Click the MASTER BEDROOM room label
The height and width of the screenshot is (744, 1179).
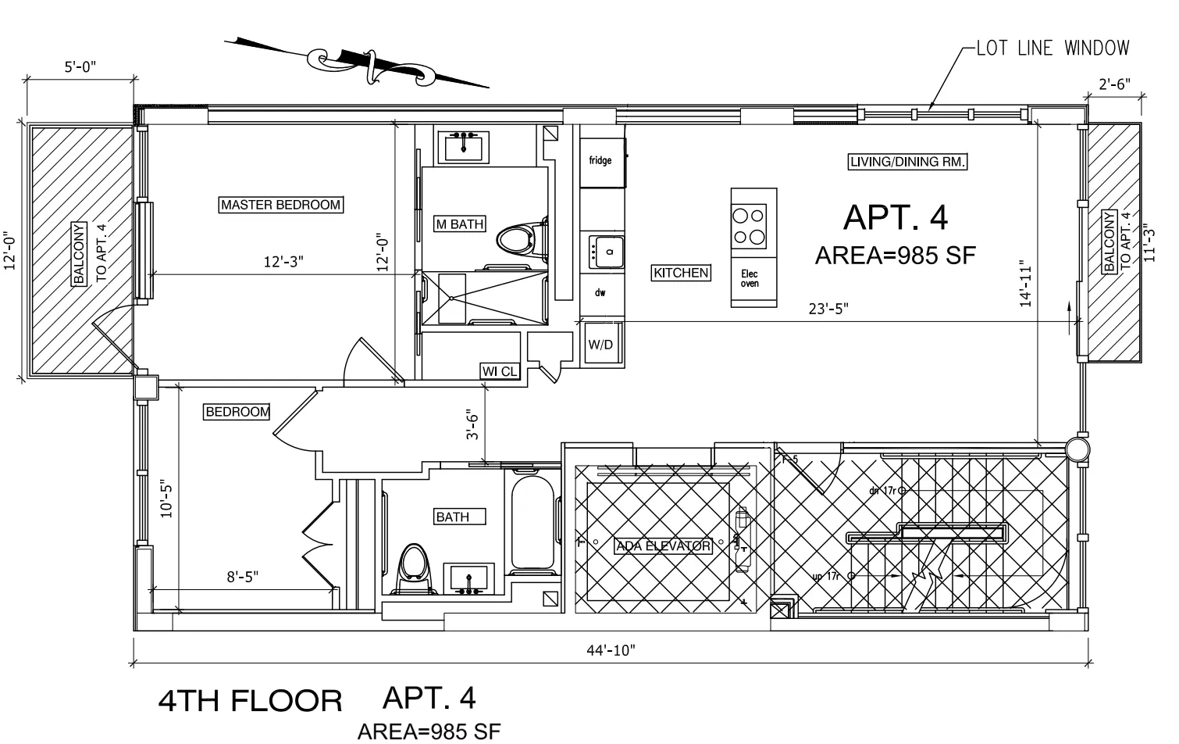coord(281,205)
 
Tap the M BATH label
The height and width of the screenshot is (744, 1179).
coord(460,224)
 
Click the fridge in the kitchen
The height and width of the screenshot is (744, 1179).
coord(601,162)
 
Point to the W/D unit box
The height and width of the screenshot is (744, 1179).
coord(600,345)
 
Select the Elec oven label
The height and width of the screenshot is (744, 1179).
coord(750,279)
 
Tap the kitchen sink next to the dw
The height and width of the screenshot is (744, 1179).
coord(606,251)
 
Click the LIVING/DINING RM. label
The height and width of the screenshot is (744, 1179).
coord(907,162)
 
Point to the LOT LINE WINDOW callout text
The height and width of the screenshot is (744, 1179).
coord(1053,48)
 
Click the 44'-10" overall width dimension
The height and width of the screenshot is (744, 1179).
coord(611,650)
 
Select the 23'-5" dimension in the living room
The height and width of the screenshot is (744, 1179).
coord(828,309)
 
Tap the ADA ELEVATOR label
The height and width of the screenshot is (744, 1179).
coord(663,545)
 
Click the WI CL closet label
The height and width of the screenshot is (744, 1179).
coord(500,371)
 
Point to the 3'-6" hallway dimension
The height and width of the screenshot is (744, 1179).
coord(473,424)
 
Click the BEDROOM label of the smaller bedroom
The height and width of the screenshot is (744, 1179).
coord(237,412)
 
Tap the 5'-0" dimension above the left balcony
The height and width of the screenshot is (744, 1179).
coord(80,67)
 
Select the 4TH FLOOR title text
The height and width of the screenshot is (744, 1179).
coord(250,701)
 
